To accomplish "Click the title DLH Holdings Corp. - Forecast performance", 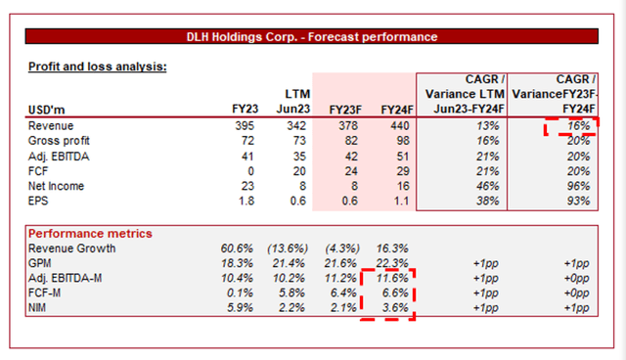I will pos(312,36).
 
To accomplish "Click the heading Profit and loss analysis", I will pos(97,67).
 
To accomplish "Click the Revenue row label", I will pos(53,126).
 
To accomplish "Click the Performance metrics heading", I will pos(89,234).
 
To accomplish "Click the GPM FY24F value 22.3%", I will pos(388,264).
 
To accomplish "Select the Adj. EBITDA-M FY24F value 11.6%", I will pos(388,279).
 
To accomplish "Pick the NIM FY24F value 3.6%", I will pos(391,308).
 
